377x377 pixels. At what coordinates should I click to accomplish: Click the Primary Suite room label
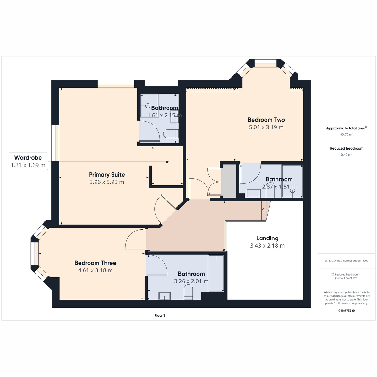click(x=107, y=174)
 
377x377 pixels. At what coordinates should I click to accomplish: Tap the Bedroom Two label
click(x=266, y=120)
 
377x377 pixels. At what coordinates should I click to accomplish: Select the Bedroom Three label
click(x=96, y=263)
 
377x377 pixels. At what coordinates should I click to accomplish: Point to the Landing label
click(x=267, y=238)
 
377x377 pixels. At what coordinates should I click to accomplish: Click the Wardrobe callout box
click(x=28, y=161)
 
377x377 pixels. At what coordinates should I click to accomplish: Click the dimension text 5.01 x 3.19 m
click(x=266, y=127)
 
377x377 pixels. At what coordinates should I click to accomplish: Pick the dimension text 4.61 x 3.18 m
click(x=96, y=270)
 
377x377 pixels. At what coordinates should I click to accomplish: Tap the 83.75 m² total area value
click(x=347, y=134)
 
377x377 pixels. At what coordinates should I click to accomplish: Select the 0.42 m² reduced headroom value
click(x=347, y=154)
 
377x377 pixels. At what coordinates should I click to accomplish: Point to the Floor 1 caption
click(x=160, y=315)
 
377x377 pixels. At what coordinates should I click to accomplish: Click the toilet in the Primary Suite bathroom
click(x=171, y=134)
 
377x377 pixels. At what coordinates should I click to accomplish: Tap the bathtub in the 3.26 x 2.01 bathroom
click(x=216, y=273)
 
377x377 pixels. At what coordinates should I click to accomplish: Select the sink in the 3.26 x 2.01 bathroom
click(x=164, y=296)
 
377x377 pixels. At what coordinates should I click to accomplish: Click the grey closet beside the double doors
click(x=228, y=181)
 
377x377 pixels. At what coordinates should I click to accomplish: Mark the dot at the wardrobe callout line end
click(x=167, y=162)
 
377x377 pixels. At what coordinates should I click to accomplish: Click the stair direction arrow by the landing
click(x=265, y=210)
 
